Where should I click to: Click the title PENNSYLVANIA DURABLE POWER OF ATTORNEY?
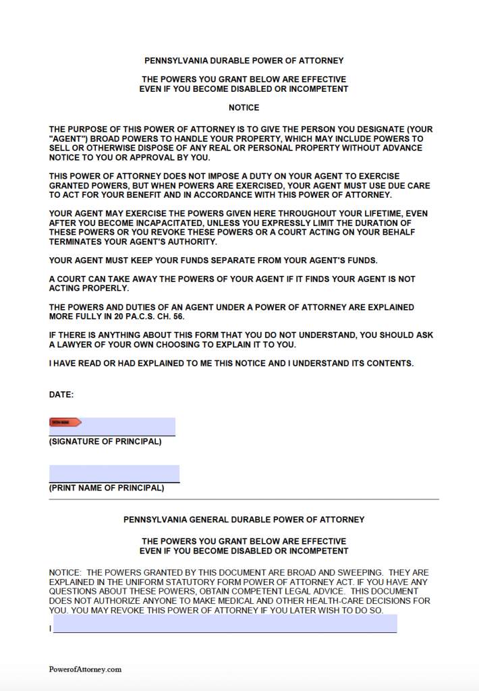click(x=244, y=61)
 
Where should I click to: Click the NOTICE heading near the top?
click(x=244, y=107)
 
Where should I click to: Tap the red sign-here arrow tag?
click(x=65, y=422)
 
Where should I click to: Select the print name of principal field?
click(x=114, y=473)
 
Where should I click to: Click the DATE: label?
click(x=61, y=394)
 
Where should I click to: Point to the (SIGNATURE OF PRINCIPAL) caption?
click(x=105, y=442)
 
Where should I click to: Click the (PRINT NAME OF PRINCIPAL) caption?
click(x=107, y=488)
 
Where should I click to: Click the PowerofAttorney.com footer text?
click(x=85, y=669)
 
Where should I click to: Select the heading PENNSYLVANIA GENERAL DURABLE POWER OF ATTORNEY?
click(x=244, y=520)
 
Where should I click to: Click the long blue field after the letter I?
click(x=225, y=624)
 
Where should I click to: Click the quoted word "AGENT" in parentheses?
click(x=67, y=138)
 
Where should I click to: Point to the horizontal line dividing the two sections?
click(x=244, y=499)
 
